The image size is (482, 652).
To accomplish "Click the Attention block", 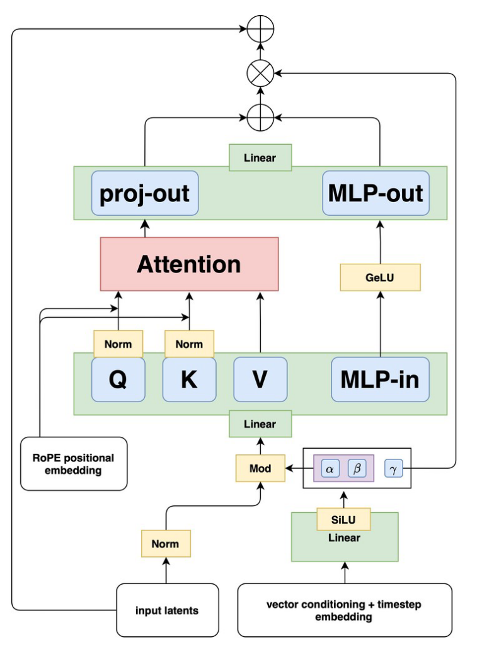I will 189,264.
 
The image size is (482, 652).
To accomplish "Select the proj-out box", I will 145,193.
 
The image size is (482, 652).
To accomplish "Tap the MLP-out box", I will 376,193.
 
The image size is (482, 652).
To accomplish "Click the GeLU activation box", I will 380,277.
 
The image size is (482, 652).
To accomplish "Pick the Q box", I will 118,379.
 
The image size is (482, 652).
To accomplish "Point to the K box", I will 189,379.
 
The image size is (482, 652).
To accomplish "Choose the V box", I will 260,379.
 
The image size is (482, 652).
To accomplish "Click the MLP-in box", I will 380,379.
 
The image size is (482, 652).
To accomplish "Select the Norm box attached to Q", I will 118,344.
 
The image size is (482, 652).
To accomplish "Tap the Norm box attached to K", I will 189,344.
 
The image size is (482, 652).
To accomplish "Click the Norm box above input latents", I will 165,544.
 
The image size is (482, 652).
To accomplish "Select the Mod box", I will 260,468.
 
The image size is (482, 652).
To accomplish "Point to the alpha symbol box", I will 330,468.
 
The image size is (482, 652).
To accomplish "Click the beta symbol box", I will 357,468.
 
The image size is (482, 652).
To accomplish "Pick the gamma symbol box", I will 393,468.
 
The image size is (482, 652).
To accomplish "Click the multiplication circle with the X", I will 260,74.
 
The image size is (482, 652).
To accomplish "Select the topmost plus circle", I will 260,29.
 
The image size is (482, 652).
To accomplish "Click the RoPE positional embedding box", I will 74,464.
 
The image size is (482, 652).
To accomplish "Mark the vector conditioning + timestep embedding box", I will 344,610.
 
